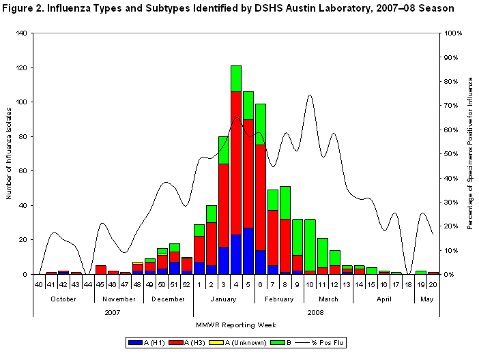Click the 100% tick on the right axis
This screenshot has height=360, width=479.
click(453, 33)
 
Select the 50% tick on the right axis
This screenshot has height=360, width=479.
click(452, 153)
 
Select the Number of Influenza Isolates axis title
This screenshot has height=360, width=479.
click(9, 154)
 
